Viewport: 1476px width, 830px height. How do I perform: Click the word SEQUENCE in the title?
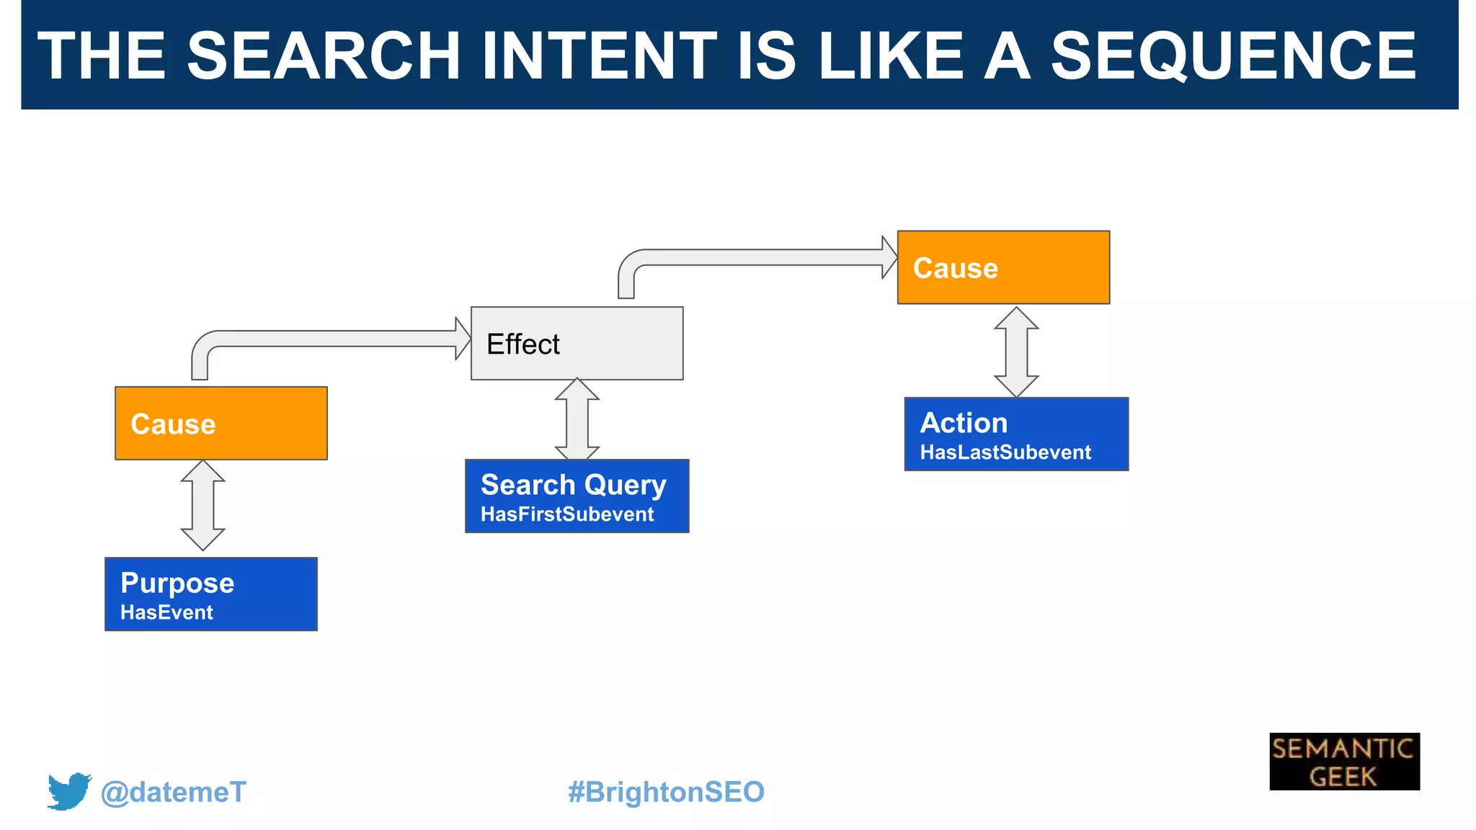click(1233, 56)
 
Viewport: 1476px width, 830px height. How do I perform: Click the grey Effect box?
click(577, 344)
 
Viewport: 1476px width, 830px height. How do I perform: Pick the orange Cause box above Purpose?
click(221, 424)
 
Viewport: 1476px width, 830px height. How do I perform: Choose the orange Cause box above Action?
click(1003, 267)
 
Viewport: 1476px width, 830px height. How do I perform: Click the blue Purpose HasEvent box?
click(211, 594)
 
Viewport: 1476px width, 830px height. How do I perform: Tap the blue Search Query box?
click(577, 496)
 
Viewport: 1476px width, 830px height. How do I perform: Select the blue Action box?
click(1016, 434)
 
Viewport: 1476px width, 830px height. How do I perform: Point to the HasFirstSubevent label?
click(567, 514)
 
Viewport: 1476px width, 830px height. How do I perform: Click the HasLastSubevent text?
click(1005, 452)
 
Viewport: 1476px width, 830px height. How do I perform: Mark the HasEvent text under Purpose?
click(166, 612)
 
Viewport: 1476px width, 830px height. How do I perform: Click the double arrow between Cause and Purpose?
click(203, 506)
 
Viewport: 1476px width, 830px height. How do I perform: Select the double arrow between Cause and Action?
click(1016, 352)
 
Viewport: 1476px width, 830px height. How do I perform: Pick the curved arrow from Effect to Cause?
click(757, 257)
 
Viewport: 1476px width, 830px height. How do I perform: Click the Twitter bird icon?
click(69, 791)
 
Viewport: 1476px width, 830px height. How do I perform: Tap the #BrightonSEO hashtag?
click(666, 792)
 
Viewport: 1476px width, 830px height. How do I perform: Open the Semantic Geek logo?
click(1344, 762)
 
